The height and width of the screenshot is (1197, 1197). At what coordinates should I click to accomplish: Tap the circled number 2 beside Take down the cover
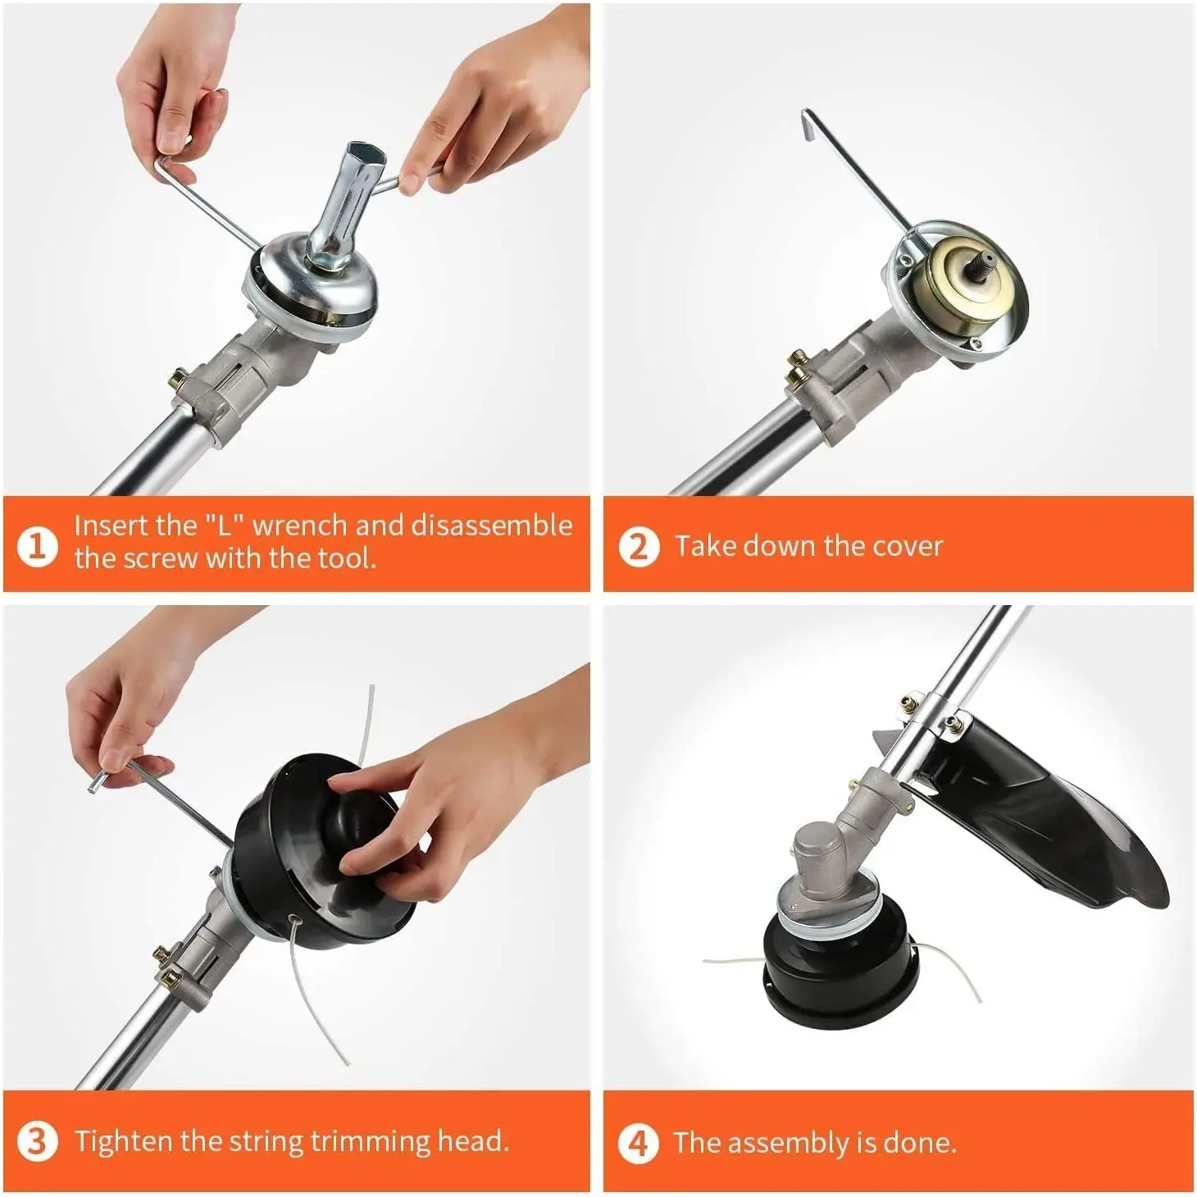pos(639,546)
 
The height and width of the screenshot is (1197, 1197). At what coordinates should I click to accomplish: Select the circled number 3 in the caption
pos(37,1142)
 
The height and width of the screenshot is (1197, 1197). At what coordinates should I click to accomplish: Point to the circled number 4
pos(639,1143)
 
